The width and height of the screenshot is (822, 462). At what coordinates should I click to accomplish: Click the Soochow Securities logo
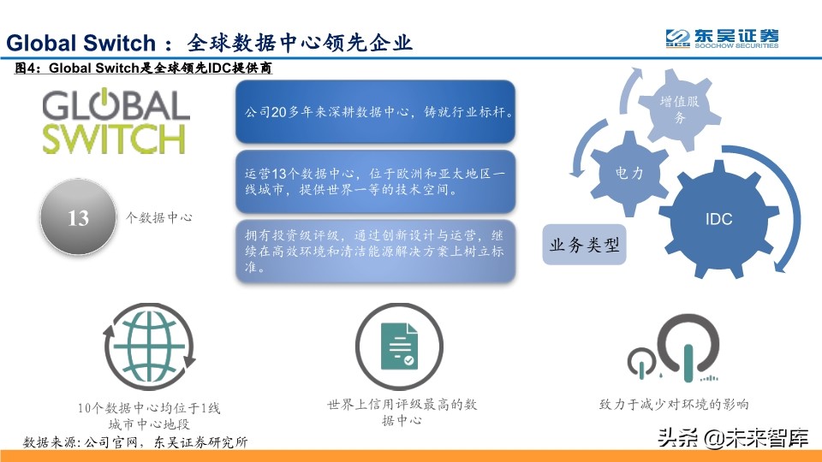(722, 38)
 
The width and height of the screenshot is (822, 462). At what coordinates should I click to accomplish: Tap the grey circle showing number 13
(78, 217)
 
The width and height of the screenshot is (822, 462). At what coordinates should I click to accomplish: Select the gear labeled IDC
(718, 219)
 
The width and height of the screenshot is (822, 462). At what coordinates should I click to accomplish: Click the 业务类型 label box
(583, 246)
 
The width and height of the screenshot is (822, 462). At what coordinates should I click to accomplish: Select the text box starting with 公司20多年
(375, 112)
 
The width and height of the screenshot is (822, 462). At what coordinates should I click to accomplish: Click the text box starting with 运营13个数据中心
(375, 182)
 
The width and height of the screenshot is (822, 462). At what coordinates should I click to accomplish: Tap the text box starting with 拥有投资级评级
(375, 251)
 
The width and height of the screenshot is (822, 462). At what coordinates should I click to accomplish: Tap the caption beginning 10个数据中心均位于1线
(149, 417)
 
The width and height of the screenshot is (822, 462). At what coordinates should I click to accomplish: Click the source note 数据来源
(135, 442)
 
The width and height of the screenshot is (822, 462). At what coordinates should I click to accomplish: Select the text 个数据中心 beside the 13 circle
(159, 218)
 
